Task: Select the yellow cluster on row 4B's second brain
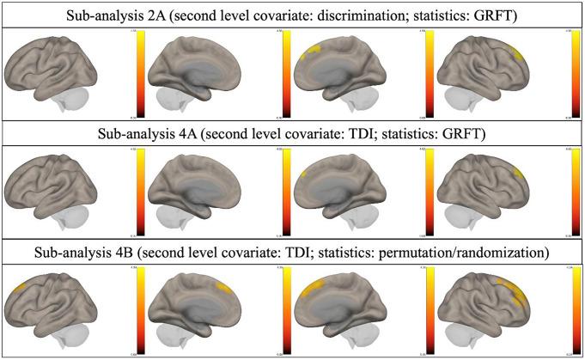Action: [x=225, y=290]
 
